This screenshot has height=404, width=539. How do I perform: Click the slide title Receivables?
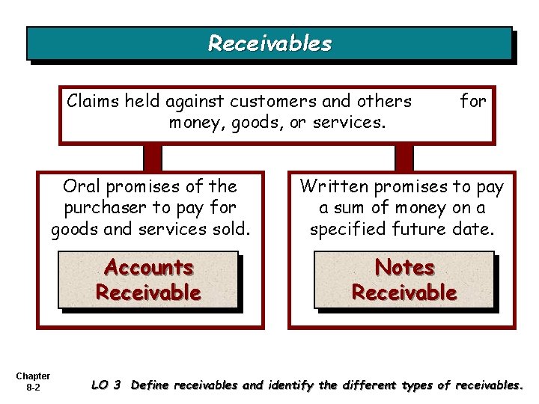pyautogui.click(x=269, y=43)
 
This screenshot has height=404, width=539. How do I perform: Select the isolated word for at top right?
pyautogui.click(x=472, y=100)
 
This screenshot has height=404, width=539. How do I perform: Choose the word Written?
pyautogui.click(x=334, y=186)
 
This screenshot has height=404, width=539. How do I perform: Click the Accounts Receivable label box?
pyautogui.click(x=148, y=280)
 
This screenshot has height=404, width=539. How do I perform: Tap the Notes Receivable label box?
pyautogui.click(x=404, y=280)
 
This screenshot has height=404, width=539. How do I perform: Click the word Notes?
pyautogui.click(x=404, y=267)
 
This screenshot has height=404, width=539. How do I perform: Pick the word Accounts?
pyautogui.click(x=148, y=267)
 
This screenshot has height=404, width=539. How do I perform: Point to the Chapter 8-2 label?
pyautogui.click(x=33, y=382)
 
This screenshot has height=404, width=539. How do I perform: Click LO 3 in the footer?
pyautogui.click(x=106, y=385)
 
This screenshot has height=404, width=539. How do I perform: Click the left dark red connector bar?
pyautogui.click(x=153, y=157)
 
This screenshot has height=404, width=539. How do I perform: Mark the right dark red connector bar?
pyautogui.click(x=404, y=157)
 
